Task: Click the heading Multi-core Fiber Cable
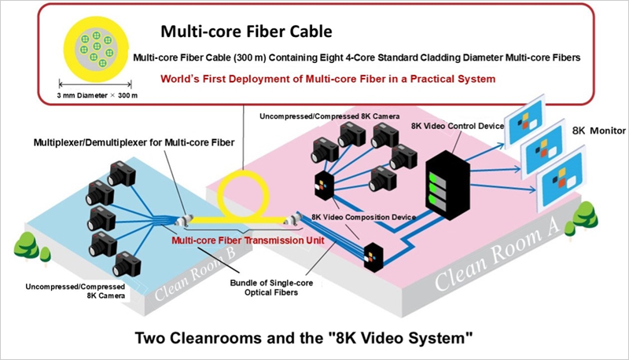[x=246, y=32]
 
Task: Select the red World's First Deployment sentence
[x=327, y=79]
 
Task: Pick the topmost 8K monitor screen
[x=532, y=119]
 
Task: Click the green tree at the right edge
[x=584, y=216]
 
